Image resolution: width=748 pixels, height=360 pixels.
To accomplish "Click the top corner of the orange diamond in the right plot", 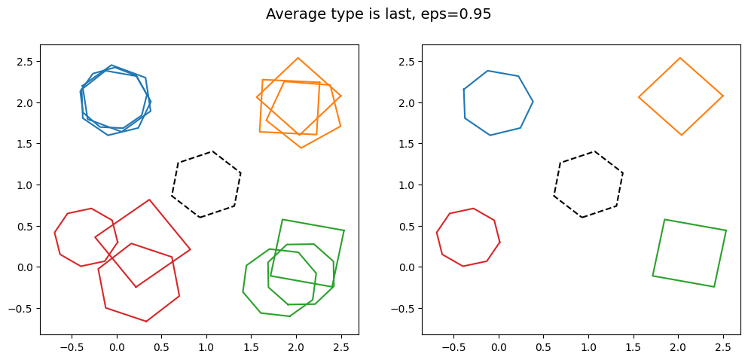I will (x=680, y=58).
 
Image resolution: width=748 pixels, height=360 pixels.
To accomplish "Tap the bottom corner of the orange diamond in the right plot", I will (x=681, y=135).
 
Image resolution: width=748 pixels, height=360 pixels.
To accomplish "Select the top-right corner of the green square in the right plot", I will (x=726, y=230).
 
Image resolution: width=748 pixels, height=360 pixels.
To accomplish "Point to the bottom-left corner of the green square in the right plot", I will (x=652, y=276).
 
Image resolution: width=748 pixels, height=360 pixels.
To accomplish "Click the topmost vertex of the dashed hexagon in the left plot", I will (x=212, y=151).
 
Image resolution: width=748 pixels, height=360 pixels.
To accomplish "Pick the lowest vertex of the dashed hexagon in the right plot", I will (x=582, y=218).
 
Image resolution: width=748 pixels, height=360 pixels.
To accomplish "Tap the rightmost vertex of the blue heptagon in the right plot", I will (x=533, y=102).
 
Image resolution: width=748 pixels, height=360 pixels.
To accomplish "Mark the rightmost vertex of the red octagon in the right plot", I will (x=500, y=242).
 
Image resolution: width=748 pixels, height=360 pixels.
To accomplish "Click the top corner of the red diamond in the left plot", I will (x=150, y=200).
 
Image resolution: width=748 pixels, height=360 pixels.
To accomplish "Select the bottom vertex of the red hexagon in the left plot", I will (x=146, y=322).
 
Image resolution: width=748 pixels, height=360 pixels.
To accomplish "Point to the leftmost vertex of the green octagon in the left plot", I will (x=243, y=291).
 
